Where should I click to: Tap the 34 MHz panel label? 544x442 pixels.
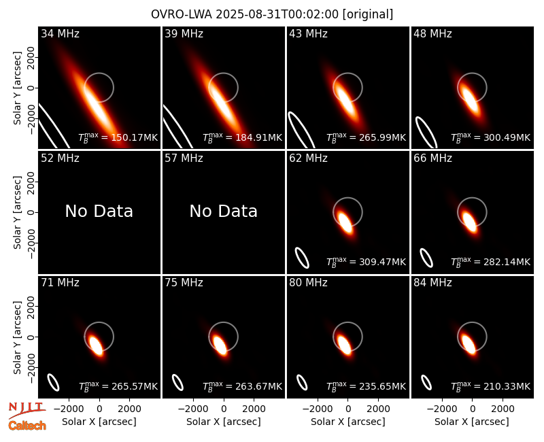[x=60, y=33]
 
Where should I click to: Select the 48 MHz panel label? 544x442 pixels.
[x=432, y=33]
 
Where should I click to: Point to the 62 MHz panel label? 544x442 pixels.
[x=308, y=158]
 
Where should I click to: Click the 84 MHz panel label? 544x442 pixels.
[x=432, y=283]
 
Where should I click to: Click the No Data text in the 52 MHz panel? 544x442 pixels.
[x=99, y=211]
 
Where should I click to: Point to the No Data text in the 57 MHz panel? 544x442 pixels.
[x=224, y=211]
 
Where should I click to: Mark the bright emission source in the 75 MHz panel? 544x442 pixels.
[x=220, y=345]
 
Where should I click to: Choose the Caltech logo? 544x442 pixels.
[x=27, y=426]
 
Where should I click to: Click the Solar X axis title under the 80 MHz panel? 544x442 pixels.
[x=348, y=422]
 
